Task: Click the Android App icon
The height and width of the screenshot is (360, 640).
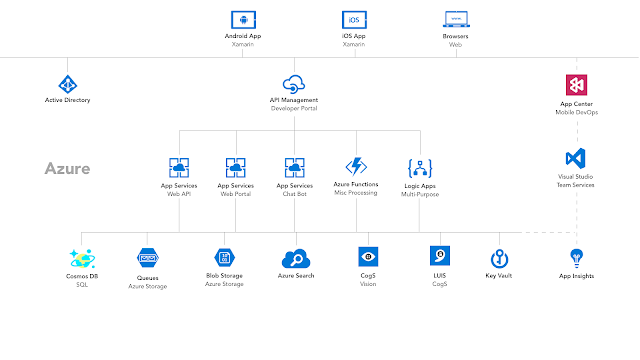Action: pos(240,19)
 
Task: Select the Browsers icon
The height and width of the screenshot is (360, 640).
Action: pos(454,19)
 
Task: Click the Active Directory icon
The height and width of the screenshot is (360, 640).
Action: pos(67,84)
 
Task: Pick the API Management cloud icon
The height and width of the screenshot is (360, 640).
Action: pos(294,84)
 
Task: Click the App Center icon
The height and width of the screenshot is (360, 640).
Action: pos(575,84)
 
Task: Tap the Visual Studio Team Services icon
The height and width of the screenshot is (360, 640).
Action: pos(575,158)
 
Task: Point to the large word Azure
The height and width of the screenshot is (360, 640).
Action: pos(67,169)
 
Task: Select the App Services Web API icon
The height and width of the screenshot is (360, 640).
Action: pos(180,167)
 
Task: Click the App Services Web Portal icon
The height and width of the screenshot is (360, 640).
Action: pos(237,167)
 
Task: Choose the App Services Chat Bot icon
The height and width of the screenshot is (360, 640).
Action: pos(294,167)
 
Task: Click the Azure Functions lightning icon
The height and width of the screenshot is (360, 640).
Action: pos(356,166)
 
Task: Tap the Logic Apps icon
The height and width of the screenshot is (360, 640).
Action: pos(419,167)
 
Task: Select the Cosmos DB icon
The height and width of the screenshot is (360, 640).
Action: pos(82,257)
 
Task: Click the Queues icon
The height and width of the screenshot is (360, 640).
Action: pos(147,258)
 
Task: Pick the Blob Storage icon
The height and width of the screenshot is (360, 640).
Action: pos(224,257)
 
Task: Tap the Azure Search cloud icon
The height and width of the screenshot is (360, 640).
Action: pos(297,258)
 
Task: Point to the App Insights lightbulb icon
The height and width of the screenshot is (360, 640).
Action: pos(575,257)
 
